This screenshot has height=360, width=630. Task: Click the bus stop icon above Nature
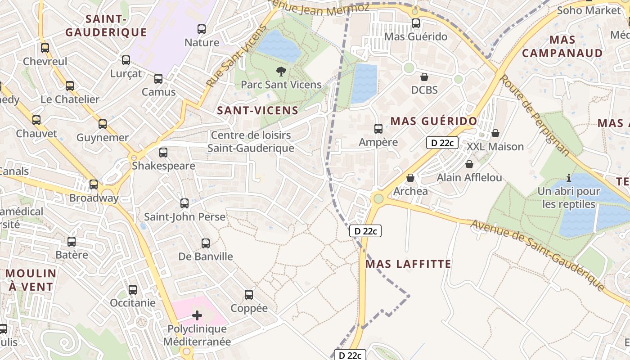click(x=202, y=29)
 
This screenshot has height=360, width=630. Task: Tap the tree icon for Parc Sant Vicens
click(x=281, y=71)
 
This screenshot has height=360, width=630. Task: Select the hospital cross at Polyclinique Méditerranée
click(x=197, y=315)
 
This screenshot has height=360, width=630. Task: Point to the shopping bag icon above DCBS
click(x=424, y=77)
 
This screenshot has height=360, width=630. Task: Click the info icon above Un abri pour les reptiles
click(x=569, y=178)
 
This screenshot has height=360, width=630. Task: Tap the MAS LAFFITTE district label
click(x=408, y=264)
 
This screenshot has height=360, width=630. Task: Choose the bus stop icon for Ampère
click(x=378, y=129)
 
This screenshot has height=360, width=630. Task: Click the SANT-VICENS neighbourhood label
click(x=258, y=111)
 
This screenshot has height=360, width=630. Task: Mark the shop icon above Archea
click(x=410, y=178)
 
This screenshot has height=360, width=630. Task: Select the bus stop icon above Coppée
click(x=249, y=295)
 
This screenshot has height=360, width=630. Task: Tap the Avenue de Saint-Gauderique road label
click(x=538, y=254)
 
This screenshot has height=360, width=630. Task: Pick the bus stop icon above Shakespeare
click(x=163, y=153)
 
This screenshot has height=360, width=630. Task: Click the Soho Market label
click(x=589, y=10)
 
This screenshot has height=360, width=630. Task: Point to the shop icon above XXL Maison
click(x=495, y=133)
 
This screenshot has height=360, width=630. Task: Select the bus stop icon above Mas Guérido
click(x=416, y=23)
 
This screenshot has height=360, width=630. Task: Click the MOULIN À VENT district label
click(x=31, y=280)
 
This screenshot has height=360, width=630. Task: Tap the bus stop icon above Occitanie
click(x=133, y=290)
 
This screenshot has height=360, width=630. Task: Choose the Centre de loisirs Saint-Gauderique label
click(x=251, y=141)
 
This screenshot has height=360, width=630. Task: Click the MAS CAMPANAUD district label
click(x=562, y=46)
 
